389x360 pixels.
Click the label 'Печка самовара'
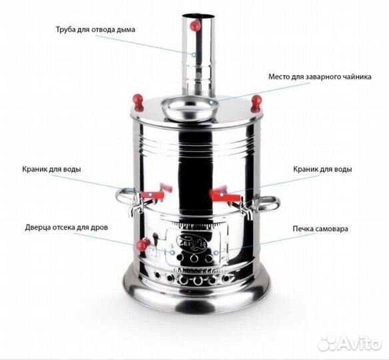tap(319, 229)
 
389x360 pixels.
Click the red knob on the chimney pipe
tap(195, 25)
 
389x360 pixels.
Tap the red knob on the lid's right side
tap(256, 102)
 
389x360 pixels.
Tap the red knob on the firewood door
tap(141, 246)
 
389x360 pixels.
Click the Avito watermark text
tap(360, 342)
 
